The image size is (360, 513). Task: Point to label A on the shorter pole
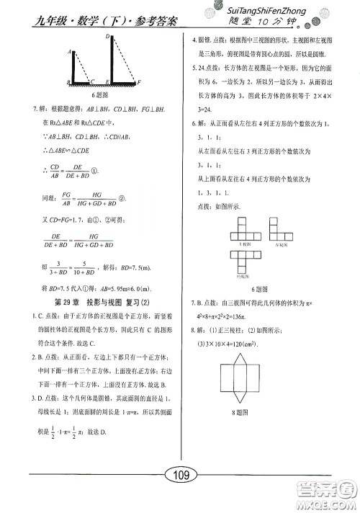68,52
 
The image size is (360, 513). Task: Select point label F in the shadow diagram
140,83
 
